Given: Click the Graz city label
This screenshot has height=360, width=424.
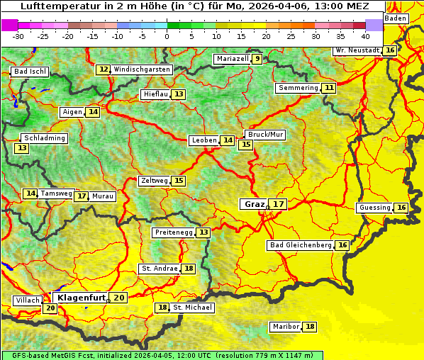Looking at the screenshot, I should tap(254, 204).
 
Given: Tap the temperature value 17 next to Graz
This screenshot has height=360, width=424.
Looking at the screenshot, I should tap(279, 204).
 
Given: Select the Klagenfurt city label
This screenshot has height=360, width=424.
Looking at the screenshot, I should tap(81, 298).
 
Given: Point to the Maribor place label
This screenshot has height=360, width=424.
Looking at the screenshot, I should tap(285, 327).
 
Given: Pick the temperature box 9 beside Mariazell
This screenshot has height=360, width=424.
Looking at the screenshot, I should tap(257, 59).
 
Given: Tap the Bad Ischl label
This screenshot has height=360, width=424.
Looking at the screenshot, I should tap(30, 72).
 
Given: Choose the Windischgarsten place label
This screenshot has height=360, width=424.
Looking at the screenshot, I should tap(142, 69).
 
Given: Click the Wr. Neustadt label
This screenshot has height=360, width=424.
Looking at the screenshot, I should tap(357, 50).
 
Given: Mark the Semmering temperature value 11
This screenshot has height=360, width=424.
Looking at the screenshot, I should tap(329, 88).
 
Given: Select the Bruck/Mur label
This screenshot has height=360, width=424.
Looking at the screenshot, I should tap(265, 135).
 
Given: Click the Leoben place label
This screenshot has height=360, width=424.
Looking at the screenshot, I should tap(204, 140).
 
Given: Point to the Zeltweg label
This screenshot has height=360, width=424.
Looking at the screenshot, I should tap(155, 181).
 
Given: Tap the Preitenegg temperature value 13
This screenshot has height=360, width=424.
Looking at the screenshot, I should tap(204, 232).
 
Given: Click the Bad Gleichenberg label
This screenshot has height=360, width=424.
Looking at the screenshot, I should tap(301, 245).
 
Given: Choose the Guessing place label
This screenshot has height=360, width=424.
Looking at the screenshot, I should tap(374, 208).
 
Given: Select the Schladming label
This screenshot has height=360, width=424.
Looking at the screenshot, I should tap(44, 138).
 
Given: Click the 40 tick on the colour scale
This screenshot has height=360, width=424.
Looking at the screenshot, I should tap(365, 35).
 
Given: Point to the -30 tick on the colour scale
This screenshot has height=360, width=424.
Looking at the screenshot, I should tap(18, 35).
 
